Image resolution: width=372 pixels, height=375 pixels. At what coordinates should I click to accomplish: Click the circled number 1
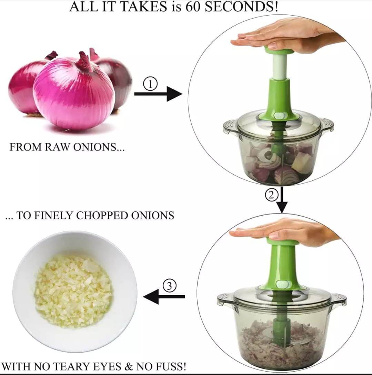coord(150,84)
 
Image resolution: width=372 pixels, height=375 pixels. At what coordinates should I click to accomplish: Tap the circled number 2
coord(271,195)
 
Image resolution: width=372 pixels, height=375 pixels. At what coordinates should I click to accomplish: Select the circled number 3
coord(169,286)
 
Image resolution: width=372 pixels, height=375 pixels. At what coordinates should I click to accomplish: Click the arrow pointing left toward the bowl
coord(164,297)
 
